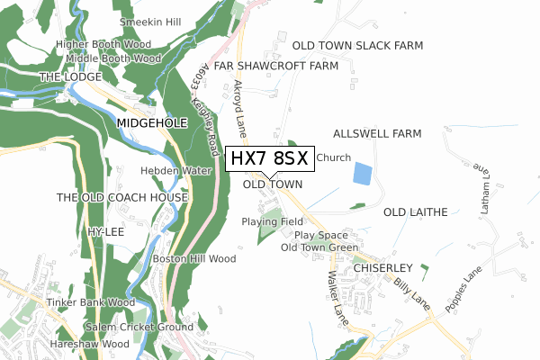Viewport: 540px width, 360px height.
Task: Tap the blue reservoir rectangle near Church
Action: pyautogui.click(x=362, y=174)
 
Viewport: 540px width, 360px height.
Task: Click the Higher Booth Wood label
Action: pyautogui.click(x=102, y=43)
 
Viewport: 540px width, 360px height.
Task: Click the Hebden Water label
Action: pyautogui.click(x=175, y=170)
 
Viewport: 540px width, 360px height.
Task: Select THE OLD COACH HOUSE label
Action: pyautogui.click(x=122, y=197)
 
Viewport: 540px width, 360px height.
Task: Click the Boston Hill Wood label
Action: pyautogui.click(x=193, y=259)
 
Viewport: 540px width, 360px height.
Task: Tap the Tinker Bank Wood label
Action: pyautogui.click(x=92, y=302)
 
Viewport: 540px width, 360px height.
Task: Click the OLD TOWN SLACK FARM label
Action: pyautogui.click(x=370, y=45)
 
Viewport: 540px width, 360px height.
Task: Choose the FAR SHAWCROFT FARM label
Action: pyautogui.click(x=276, y=66)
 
